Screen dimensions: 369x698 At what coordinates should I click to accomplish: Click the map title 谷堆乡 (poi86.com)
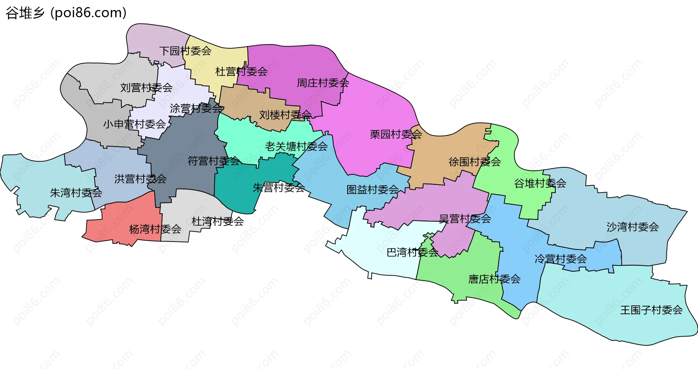pos(66,13)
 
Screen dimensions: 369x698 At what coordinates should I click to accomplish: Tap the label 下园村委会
pos(185,51)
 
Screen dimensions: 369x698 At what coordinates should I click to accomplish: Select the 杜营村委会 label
pos(241,72)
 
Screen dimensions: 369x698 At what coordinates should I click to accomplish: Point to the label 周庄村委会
pos(323,83)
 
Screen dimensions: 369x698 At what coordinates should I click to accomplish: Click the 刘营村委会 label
pos(147,88)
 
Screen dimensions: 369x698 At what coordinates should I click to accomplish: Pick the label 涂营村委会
pos(196,108)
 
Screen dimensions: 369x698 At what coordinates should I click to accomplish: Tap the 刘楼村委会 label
pos(285,115)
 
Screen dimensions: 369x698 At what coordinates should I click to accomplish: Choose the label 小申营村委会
pos(135,124)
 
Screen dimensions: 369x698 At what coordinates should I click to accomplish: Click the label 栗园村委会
pos(396,134)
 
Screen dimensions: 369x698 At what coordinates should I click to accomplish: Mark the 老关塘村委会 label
pos(296,146)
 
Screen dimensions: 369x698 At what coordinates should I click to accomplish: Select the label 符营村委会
pos(214,161)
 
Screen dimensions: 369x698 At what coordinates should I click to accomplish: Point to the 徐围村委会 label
pos(475,162)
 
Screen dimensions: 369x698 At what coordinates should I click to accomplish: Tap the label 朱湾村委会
pos(76,192)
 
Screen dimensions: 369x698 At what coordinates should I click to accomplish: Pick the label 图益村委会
pos(373,190)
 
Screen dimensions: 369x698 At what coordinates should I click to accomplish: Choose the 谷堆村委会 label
pos(540,183)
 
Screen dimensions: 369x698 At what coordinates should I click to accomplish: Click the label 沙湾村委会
pos(633,227)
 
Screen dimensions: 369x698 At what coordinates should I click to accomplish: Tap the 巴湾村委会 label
pos(412,252)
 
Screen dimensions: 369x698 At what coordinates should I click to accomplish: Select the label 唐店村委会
pos(494,279)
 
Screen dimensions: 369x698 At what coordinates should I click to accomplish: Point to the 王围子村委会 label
pos(651,310)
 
